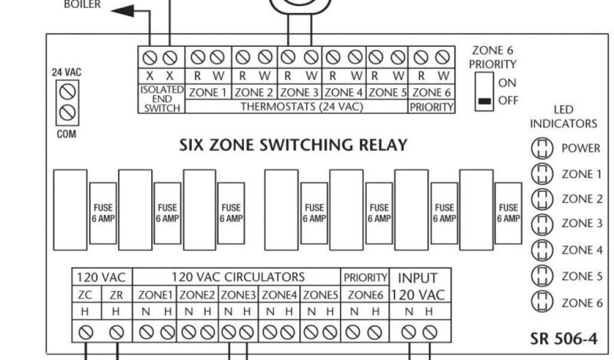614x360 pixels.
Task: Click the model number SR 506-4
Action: (x=564, y=338)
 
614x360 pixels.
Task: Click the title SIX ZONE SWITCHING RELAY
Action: (x=293, y=145)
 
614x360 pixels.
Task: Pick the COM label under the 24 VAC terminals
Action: (x=66, y=134)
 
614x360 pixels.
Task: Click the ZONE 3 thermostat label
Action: (x=299, y=92)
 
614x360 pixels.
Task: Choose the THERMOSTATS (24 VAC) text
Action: (x=297, y=107)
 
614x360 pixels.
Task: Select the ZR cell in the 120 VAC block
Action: (x=116, y=295)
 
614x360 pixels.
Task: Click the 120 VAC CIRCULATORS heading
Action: (x=237, y=277)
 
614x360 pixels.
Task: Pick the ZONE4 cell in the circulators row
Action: (x=279, y=295)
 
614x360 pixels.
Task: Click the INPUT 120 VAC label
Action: (x=418, y=286)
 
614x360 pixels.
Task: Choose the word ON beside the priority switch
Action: (x=507, y=83)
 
